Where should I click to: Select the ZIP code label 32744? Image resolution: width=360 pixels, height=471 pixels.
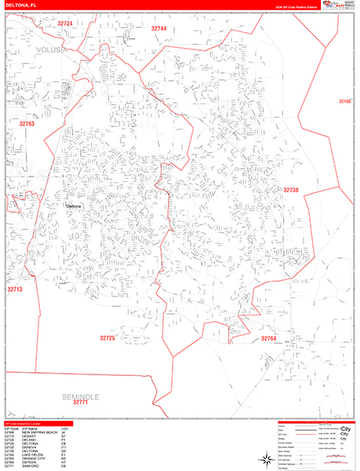[158, 28]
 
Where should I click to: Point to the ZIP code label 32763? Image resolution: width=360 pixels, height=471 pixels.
[27, 124]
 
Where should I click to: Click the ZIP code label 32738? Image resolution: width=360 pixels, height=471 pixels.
[291, 190]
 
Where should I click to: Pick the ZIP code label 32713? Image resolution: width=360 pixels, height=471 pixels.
[16, 290]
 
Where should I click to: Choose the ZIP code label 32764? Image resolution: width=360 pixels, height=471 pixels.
[269, 338]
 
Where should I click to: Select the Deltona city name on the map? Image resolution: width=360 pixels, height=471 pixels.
[74, 206]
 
